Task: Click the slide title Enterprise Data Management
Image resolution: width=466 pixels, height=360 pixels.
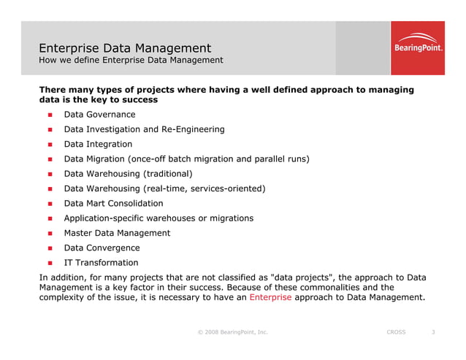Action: pos(125,48)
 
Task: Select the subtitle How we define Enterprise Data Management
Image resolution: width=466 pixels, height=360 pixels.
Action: pos(131,60)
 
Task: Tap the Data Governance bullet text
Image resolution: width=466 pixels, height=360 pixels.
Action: pos(99,115)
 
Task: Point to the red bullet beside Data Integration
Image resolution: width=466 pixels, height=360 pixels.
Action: pos(50,145)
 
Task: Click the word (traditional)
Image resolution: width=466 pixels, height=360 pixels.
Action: pos(168,174)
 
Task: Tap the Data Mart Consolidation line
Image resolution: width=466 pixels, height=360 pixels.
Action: pos(113,204)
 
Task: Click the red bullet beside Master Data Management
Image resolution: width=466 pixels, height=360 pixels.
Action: pos(50,234)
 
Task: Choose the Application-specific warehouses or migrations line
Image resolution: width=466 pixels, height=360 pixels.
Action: pos(158,218)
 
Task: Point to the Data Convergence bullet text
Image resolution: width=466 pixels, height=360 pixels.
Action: pos(102,248)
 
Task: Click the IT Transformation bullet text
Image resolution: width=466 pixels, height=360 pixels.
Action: pos(101,263)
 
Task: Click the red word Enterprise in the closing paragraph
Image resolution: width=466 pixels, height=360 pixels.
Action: pos(270,297)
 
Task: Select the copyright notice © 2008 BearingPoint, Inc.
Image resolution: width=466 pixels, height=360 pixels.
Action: pos(232,332)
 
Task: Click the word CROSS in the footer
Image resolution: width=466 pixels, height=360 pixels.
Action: pos(396,332)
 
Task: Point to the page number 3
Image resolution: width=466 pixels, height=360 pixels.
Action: pos(433,332)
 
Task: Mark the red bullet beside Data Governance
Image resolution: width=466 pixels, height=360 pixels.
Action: pos(50,115)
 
